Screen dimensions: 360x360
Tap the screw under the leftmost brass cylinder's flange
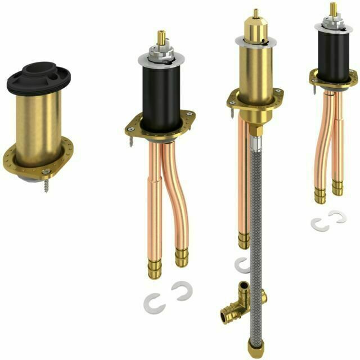[x=43, y=182]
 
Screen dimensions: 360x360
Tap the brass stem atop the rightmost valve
[x=333, y=9]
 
